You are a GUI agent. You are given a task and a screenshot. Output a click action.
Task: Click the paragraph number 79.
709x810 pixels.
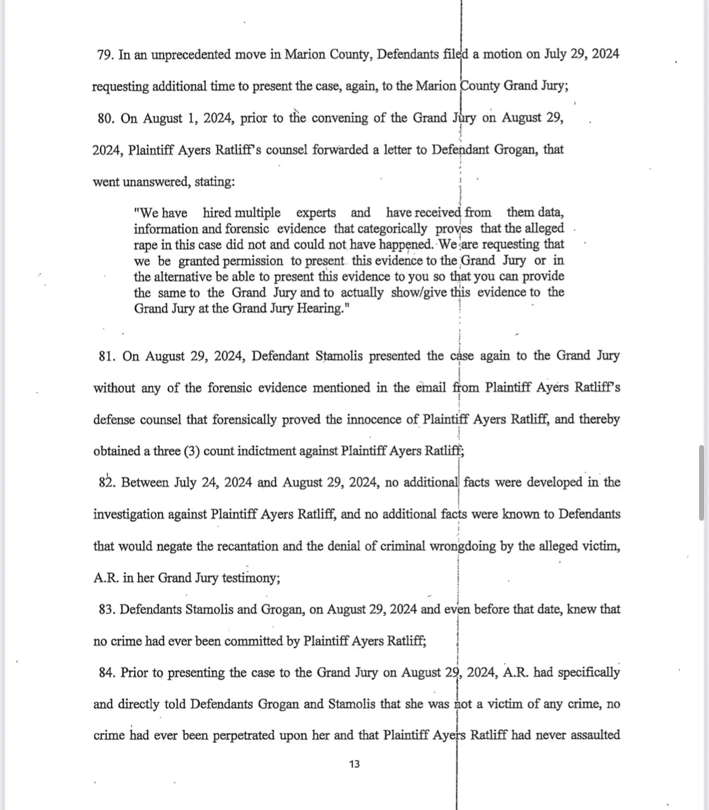coord(105,55)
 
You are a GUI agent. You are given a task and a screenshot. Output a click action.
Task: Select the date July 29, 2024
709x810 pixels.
coord(581,54)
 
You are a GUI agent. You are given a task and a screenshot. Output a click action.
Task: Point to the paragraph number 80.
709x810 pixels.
coord(105,119)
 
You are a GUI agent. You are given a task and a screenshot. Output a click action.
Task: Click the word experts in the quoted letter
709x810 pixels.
coord(316,213)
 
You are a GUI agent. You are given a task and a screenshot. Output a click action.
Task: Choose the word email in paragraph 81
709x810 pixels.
coord(431,388)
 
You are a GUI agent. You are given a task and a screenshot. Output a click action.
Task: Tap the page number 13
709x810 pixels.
coord(354,764)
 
